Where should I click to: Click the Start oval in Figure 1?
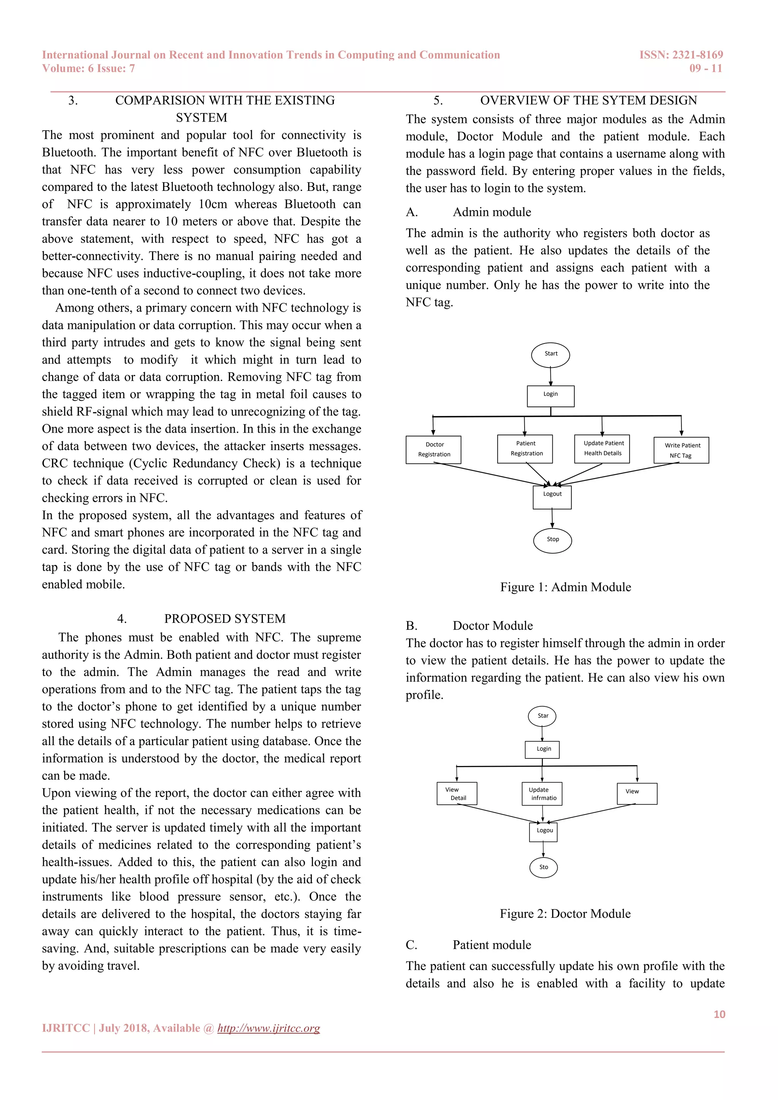[550, 355]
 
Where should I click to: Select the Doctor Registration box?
[433, 449]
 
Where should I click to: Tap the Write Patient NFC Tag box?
[681, 450]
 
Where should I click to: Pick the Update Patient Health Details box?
[602, 448]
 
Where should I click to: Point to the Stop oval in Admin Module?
[552, 540]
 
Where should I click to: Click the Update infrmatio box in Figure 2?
[542, 794]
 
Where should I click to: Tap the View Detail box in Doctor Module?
[457, 793]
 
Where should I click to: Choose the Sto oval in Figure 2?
[543, 867]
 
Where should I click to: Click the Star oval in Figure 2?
[542, 716]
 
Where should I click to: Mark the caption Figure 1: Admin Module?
[565, 587]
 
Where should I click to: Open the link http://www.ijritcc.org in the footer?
[269, 1028]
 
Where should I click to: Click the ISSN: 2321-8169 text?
[681, 55]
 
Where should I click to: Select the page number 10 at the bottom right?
[719, 1014]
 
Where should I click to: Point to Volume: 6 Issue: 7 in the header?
[88, 68]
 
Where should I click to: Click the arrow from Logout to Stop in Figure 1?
[552, 518]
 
